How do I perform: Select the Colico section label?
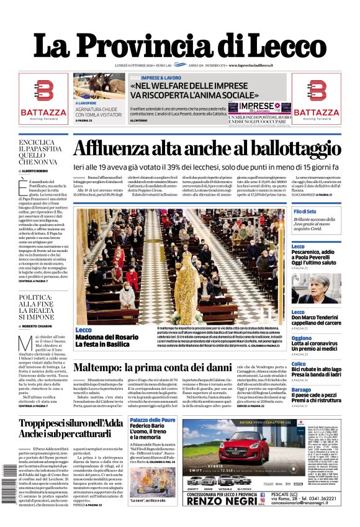coord(299,364)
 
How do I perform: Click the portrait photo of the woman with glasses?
coord(316,289)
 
